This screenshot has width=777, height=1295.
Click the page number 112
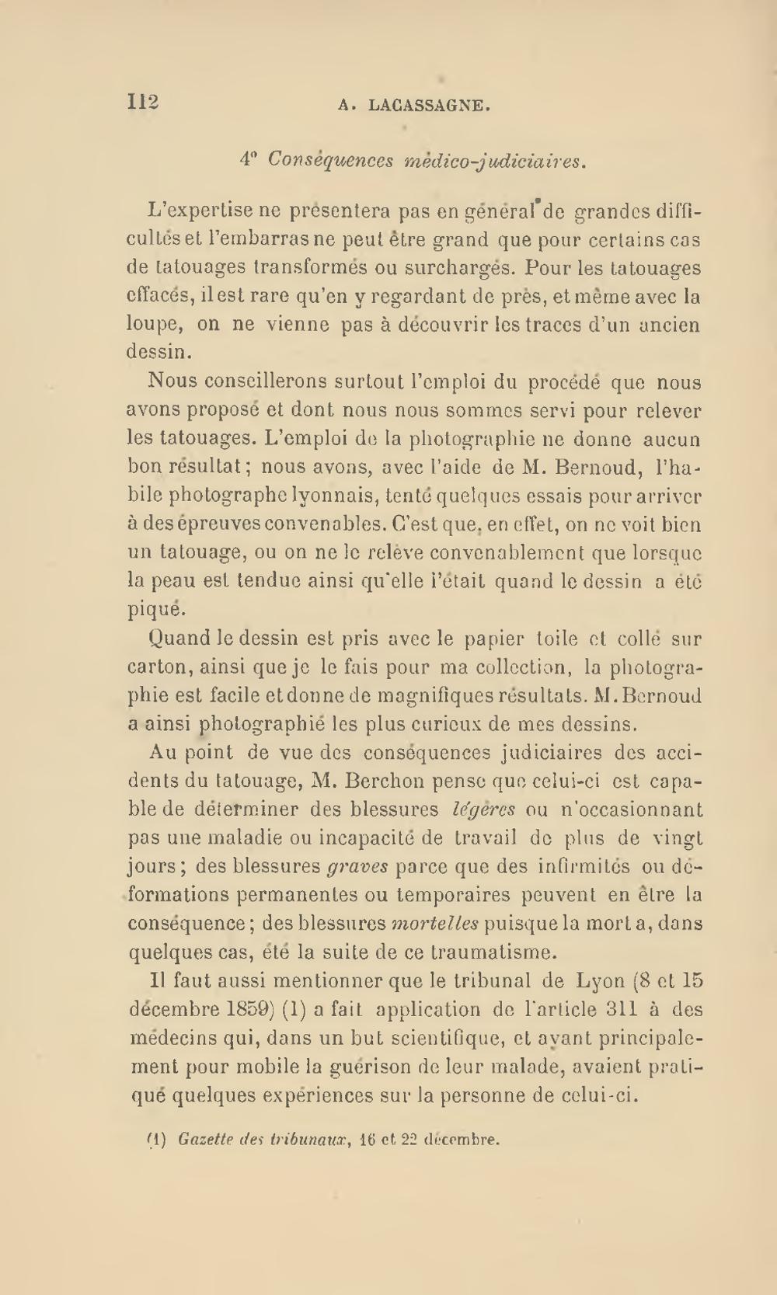click(143, 103)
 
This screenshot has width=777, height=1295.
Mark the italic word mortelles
click(434, 924)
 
